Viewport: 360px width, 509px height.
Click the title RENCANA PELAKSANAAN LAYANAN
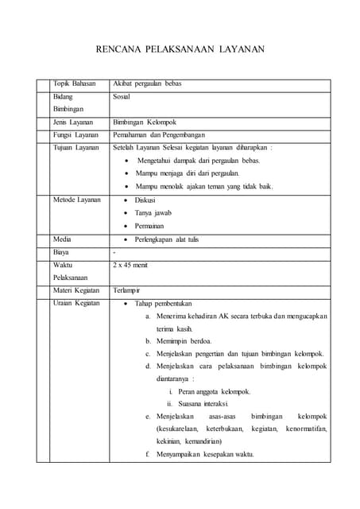point(180,49)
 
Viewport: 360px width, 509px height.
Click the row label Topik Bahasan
point(74,84)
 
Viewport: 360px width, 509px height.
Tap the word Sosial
point(122,97)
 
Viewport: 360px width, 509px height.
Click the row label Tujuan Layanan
point(75,148)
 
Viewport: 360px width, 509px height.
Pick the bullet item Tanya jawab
point(153,213)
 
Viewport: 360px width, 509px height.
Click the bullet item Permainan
point(149,226)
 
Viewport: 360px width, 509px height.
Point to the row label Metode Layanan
point(76,200)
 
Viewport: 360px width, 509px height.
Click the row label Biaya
point(60,252)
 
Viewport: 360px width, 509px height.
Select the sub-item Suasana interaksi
point(210,403)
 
